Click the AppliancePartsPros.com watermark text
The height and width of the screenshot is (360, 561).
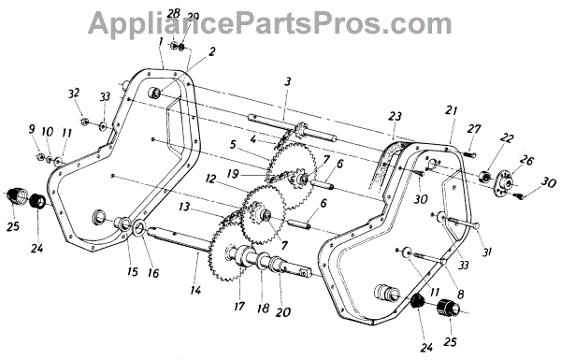coord(269,22)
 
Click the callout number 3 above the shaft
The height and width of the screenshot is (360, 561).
coord(288,82)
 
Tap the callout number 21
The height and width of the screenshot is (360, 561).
coord(452,110)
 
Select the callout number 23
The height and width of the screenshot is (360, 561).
coord(395,116)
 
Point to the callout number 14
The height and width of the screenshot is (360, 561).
coord(195,290)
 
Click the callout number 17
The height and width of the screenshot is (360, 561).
coord(239,306)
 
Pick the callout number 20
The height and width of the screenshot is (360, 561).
coord(282,312)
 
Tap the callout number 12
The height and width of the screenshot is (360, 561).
coord(210,179)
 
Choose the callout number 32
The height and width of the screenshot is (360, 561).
coord(74,94)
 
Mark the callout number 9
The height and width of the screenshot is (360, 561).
coord(32,129)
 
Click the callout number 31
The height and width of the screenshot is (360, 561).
coord(486,252)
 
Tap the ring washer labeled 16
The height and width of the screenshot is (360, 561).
coord(139,227)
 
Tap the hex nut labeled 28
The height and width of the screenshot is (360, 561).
coord(174,46)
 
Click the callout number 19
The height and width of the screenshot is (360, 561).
coord(233,174)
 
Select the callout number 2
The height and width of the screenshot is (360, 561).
coord(211,51)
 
